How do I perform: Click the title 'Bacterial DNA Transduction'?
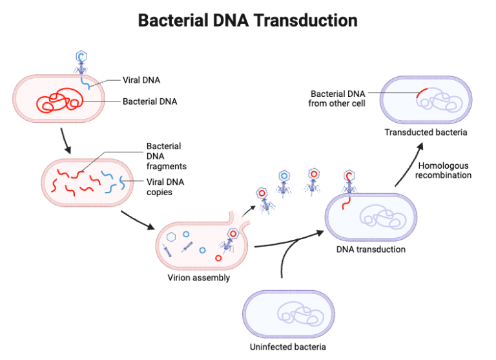pyautogui.click(x=248, y=20)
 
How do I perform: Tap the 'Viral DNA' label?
pyautogui.click(x=141, y=81)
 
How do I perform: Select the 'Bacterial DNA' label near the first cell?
pyautogui.click(x=150, y=101)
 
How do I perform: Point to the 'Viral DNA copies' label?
pyautogui.click(x=165, y=187)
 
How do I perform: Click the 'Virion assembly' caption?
pyautogui.click(x=199, y=278)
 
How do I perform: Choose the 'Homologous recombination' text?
pyautogui.click(x=443, y=171)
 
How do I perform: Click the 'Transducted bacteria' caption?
pyautogui.click(x=426, y=132)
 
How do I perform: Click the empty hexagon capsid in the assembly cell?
pyautogui.click(x=172, y=237)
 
